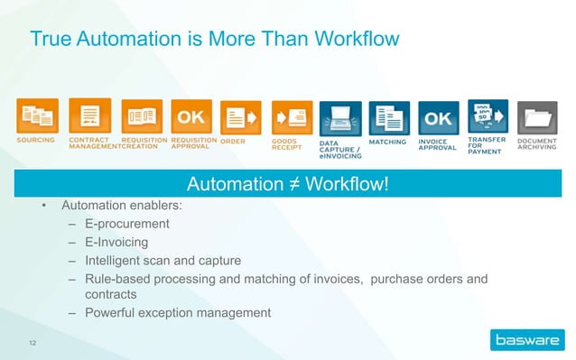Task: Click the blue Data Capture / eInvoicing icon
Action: tap(339, 118)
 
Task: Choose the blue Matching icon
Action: tap(390, 118)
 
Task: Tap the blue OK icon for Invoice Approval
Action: tap(438, 118)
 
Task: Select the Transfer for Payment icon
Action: tap(488, 117)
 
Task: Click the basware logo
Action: tap(525, 340)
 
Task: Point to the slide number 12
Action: tap(34, 342)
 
